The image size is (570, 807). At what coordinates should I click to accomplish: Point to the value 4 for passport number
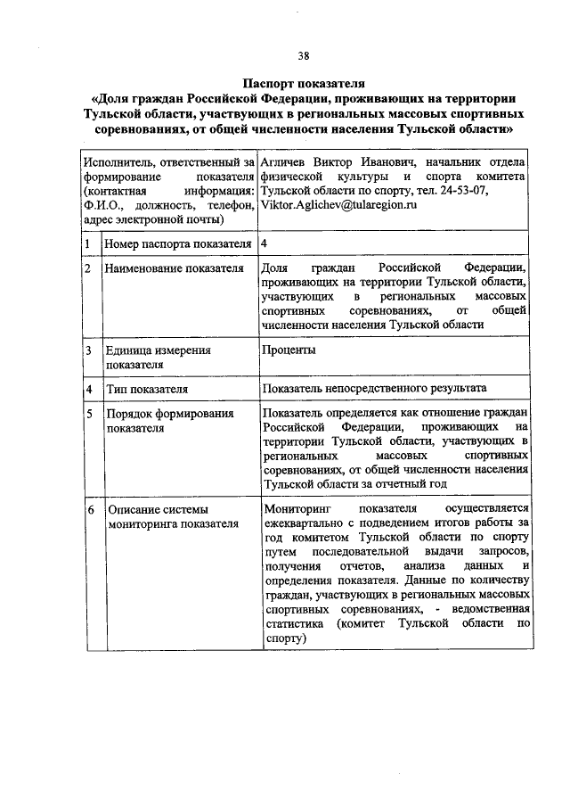pyautogui.click(x=265, y=243)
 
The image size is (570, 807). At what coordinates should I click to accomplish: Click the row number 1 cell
pyautogui.click(x=88, y=243)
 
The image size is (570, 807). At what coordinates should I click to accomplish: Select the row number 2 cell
pyautogui.click(x=88, y=268)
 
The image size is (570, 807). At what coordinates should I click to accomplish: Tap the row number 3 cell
pyautogui.click(x=88, y=350)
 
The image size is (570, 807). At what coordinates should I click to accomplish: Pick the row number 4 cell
pyautogui.click(x=88, y=389)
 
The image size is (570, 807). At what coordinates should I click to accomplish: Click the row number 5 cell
pyautogui.click(x=88, y=414)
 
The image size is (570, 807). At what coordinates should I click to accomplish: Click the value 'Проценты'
pyautogui.click(x=289, y=350)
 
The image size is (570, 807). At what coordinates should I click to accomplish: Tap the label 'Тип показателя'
pyautogui.click(x=147, y=389)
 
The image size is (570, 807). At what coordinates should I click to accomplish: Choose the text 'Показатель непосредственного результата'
pyautogui.click(x=374, y=389)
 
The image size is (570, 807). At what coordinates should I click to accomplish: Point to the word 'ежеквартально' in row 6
pyautogui.click(x=303, y=523)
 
